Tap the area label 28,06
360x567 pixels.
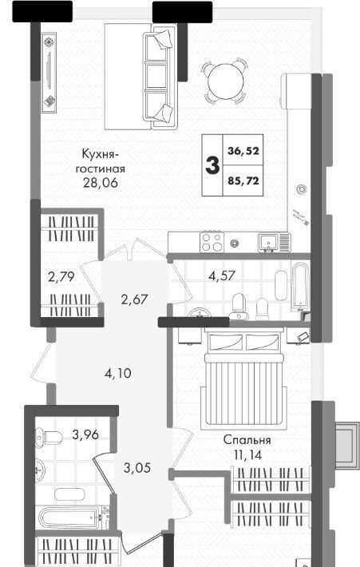pyautogui.click(x=100, y=183)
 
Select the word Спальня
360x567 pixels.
pyautogui.click(x=247, y=441)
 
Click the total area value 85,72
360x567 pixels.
pyautogui.click(x=243, y=180)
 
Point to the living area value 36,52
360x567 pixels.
pyautogui.click(x=243, y=150)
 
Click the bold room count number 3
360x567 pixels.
pyautogui.click(x=212, y=165)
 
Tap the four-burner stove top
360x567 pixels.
pyautogui.click(x=212, y=242)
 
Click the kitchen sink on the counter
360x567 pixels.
pyautogui.click(x=268, y=241)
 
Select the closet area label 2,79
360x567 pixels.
pyautogui.click(x=61, y=277)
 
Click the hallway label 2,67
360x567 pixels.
pyautogui.click(x=134, y=299)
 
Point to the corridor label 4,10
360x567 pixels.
pyautogui.click(x=117, y=373)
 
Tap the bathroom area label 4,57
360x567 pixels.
pyautogui.click(x=222, y=276)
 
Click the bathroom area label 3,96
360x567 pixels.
pyautogui.click(x=85, y=434)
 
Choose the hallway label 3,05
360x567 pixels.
pyautogui.click(x=136, y=468)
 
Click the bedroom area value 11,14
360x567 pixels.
pyautogui.click(x=247, y=455)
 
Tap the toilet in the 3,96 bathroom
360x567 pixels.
pyautogui.click(x=49, y=437)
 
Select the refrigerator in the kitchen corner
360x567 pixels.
pyautogui.click(x=296, y=91)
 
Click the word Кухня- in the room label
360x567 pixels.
pyautogui.click(x=100, y=154)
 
